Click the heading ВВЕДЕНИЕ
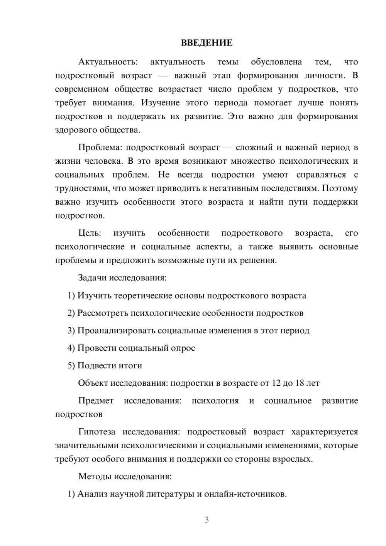coord(207,43)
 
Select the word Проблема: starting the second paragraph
coord(100,148)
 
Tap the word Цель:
coord(90,233)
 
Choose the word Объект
coord(93,383)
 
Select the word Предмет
coord(96,401)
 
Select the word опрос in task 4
coord(183,348)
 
